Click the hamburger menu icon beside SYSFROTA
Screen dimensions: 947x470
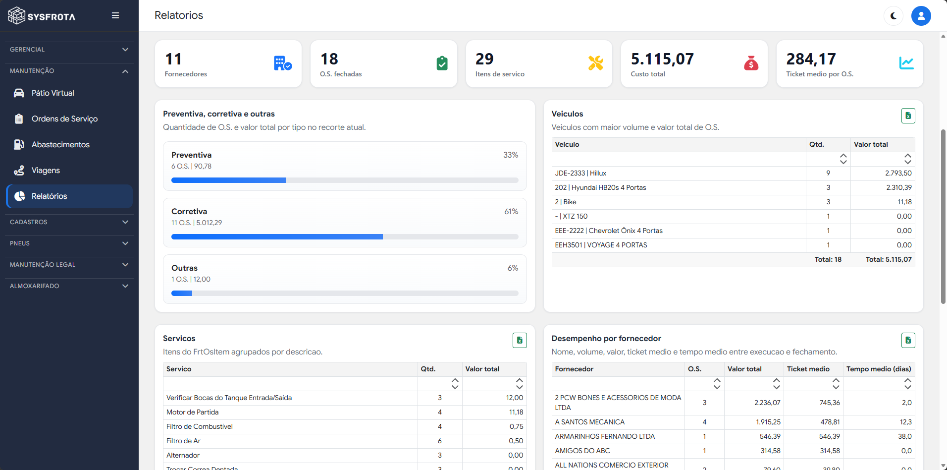[x=115, y=15]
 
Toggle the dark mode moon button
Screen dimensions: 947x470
[x=894, y=16]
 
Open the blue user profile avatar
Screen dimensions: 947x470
[x=921, y=16]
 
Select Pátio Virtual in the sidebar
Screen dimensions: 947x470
[x=53, y=93]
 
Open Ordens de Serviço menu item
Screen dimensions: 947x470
[x=65, y=119]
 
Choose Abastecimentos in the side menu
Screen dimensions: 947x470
[x=60, y=145]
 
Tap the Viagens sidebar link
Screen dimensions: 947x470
[x=46, y=171]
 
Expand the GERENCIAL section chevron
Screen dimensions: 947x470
[x=125, y=50]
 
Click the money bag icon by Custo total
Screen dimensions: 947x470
[x=751, y=63]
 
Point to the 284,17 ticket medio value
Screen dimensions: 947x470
[x=811, y=59]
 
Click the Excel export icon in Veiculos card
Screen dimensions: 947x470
[x=908, y=116]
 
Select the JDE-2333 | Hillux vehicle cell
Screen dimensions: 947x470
[x=580, y=173]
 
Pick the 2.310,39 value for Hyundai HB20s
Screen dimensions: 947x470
[x=899, y=187]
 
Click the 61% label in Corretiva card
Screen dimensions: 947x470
[x=511, y=212]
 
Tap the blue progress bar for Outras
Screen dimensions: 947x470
[x=182, y=294]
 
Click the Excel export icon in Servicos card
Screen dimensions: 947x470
[x=520, y=340]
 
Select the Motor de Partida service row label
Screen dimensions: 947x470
[x=192, y=412]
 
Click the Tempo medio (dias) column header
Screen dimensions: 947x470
[x=879, y=369]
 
